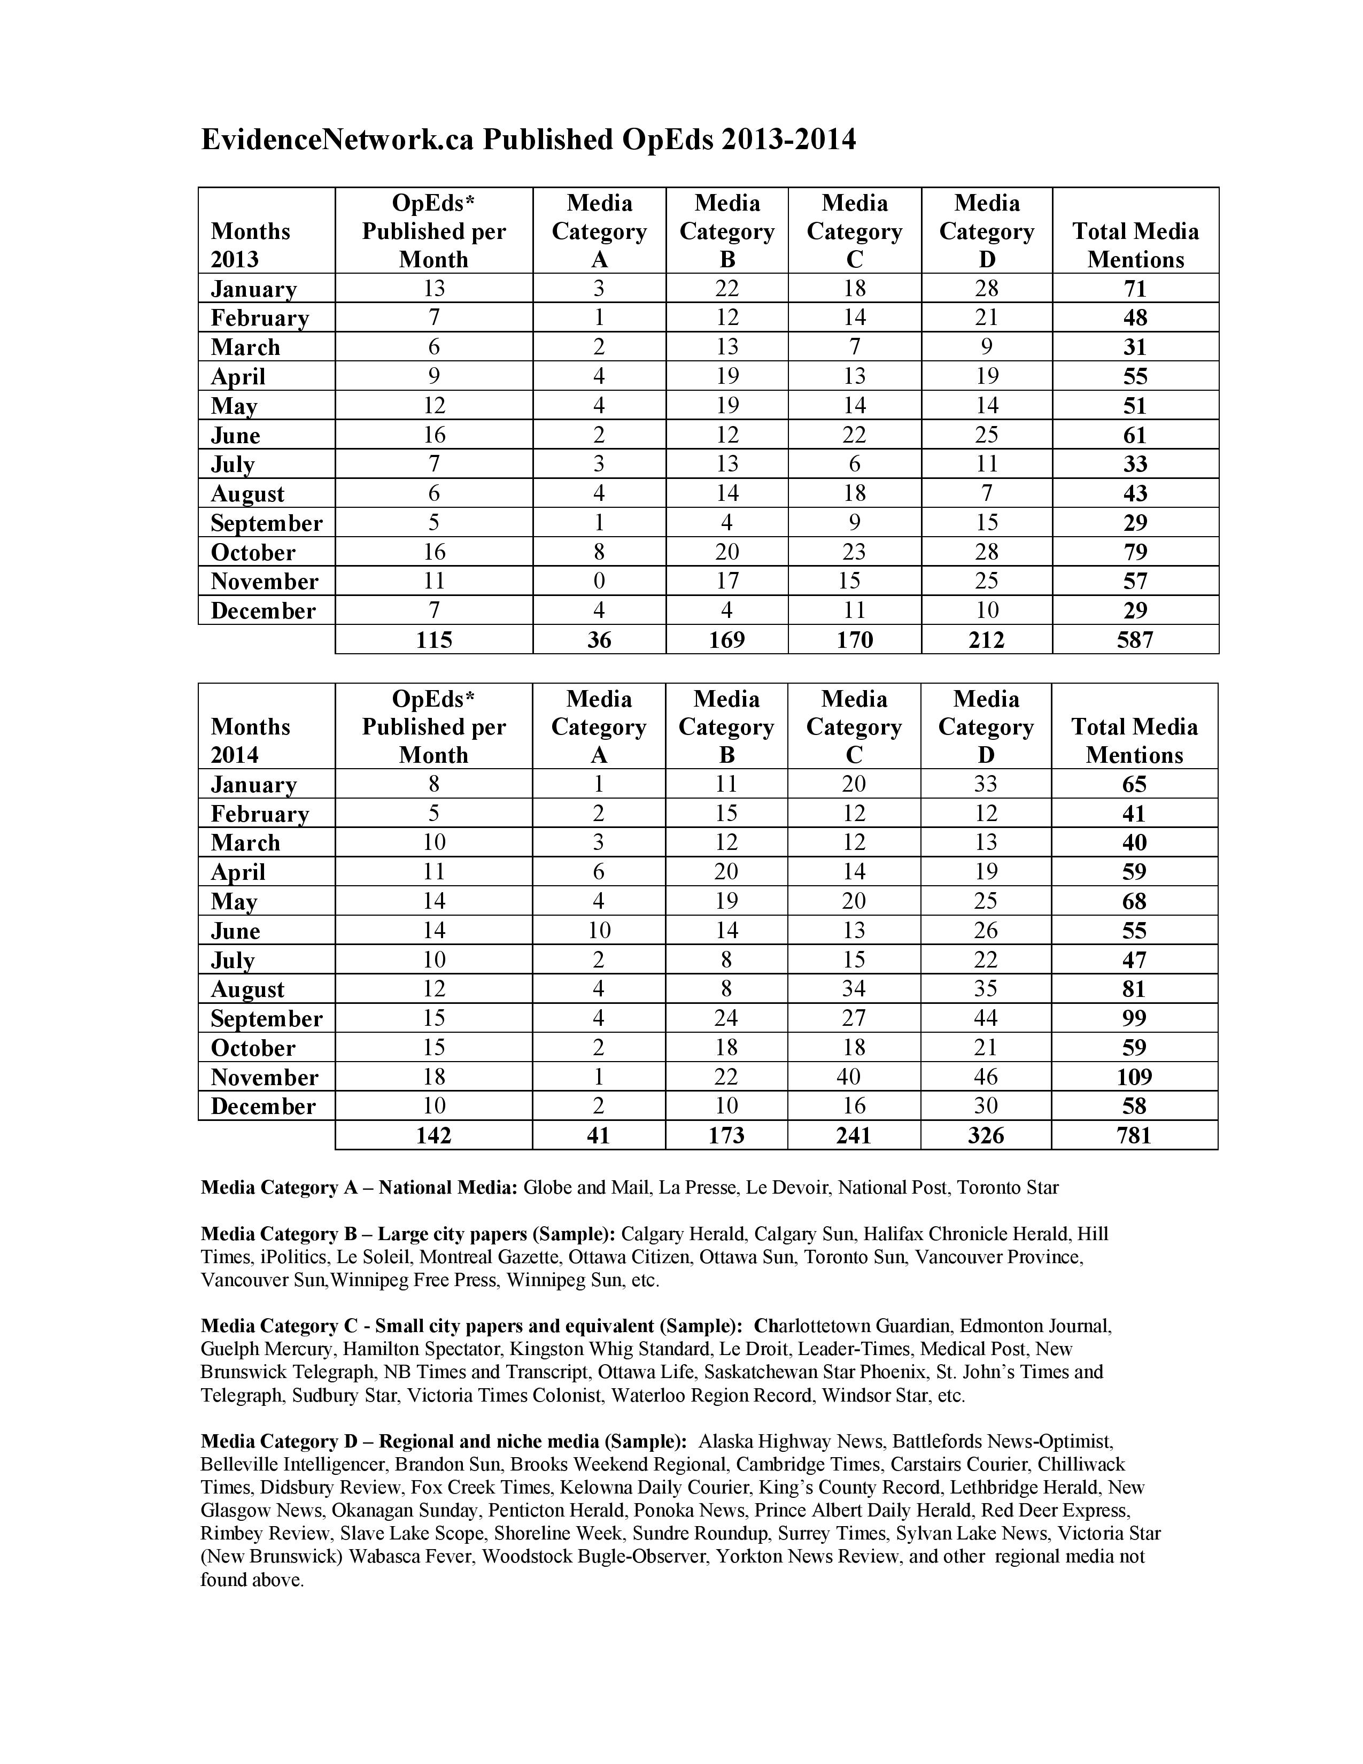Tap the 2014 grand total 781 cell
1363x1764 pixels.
pos(1134,1135)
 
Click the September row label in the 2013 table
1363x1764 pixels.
pos(267,523)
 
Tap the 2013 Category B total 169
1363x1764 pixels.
pos(727,640)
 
